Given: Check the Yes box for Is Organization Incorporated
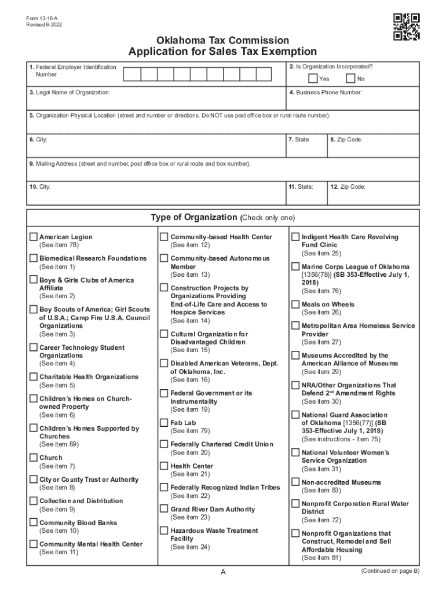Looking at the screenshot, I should pyautogui.click(x=313, y=79).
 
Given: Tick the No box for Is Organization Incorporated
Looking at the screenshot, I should pyautogui.click(x=350, y=79).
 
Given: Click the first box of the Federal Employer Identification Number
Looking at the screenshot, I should pyautogui.click(x=131, y=74).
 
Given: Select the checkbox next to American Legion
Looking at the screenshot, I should pyautogui.click(x=34, y=237).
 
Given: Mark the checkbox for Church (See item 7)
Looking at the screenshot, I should pyautogui.click(x=34, y=457).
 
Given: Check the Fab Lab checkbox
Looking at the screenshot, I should pyautogui.click(x=164, y=423).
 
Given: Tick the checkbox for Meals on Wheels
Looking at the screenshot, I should pyautogui.click(x=295, y=304).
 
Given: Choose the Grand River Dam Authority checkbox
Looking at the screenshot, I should pyautogui.click(x=164, y=509).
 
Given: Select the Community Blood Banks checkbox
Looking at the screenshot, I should pyautogui.click(x=34, y=522).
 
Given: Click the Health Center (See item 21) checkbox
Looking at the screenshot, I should pyautogui.click(x=164, y=466).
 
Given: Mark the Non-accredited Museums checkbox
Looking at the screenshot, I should pyautogui.click(x=295, y=482).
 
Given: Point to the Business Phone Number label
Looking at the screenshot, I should pyautogui.click(x=326, y=93).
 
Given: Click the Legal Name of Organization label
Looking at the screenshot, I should pyautogui.click(x=70, y=93).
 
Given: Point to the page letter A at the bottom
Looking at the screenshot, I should pyautogui.click(x=223, y=572).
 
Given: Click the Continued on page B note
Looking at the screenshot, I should pyautogui.click(x=389, y=571).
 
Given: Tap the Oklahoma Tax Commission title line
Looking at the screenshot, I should pyautogui.click(x=222, y=41).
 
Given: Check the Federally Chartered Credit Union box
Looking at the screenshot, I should pyautogui.click(x=164, y=444).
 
